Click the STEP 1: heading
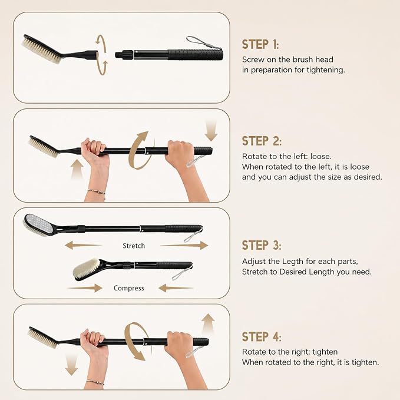pos(260,44)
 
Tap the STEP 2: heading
pos(262,141)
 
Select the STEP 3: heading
pos(262,245)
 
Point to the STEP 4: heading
pos(262,336)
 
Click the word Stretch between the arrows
pos(134,246)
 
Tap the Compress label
pos(129,288)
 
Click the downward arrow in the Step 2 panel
pos(211,131)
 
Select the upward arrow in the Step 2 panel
pos(77,168)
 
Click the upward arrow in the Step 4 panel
pos(208,323)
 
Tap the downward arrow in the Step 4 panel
pos(71,364)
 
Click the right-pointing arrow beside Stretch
pos(184,246)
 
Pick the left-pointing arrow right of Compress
pos(176,288)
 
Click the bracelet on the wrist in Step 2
pos(97,191)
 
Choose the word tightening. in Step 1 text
pos(326,70)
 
